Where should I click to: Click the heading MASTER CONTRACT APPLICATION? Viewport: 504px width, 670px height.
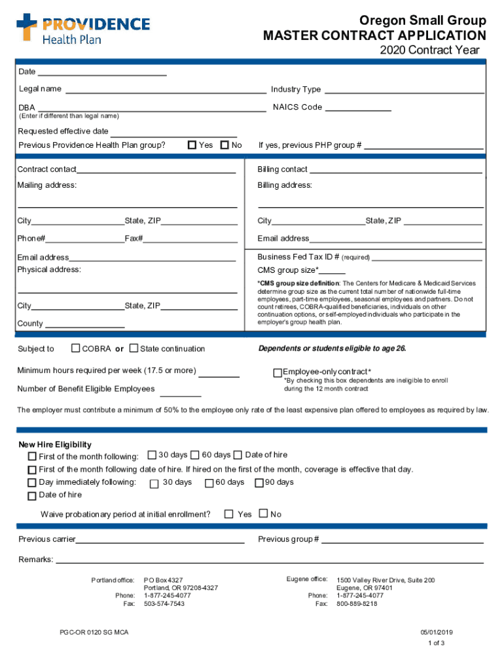pos(374,35)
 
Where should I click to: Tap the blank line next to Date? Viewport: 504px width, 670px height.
pos(102,73)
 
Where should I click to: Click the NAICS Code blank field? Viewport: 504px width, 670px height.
pos(358,109)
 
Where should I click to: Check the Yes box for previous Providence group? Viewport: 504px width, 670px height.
pos(192,145)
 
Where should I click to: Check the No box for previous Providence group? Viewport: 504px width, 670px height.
pos(225,145)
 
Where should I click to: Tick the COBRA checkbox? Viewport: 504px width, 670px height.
pos(76,348)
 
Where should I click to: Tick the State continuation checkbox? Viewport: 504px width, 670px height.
pos(134,348)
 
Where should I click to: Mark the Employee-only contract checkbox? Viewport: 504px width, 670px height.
pos(278,372)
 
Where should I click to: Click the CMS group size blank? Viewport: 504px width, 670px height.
pos(333,272)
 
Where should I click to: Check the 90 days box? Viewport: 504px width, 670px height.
pos(259,483)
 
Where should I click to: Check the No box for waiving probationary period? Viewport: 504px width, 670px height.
pos(264,514)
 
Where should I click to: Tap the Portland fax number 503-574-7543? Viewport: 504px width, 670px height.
pos(164,604)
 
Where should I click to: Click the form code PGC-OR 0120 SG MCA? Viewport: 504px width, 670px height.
pos(90,633)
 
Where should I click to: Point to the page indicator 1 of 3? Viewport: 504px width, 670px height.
pos(436,643)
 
